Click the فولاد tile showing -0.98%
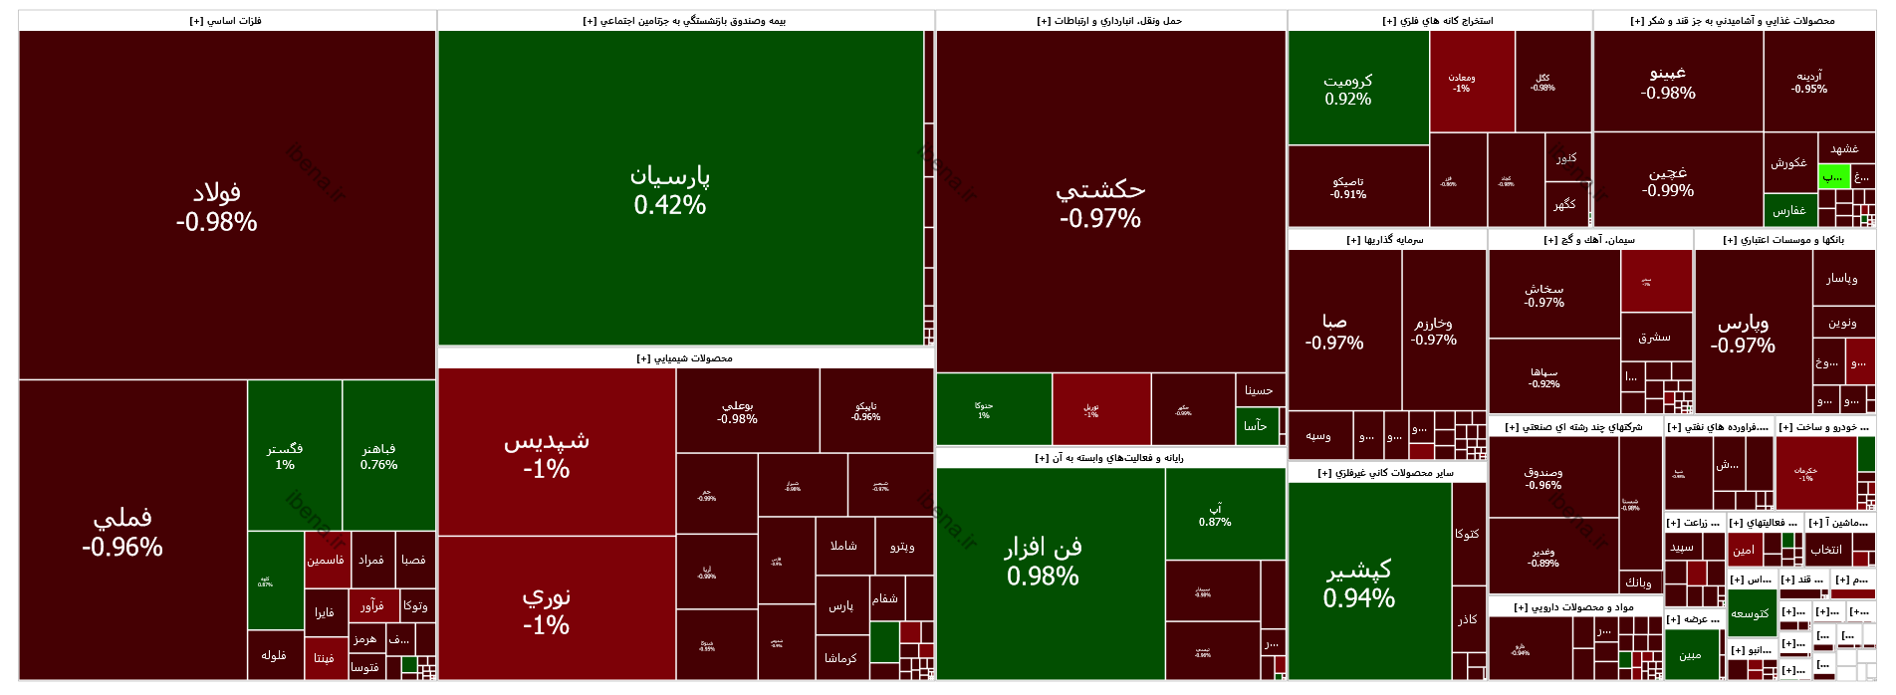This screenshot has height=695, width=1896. coord(217,206)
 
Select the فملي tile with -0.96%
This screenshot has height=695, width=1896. coord(122,532)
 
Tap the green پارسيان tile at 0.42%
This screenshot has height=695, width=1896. coord(670,189)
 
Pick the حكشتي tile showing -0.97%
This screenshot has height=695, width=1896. coord(1100,203)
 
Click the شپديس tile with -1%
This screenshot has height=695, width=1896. coord(547,453)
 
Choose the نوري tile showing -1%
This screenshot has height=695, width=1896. coord(547,609)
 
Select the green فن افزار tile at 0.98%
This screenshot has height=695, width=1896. coord(1043,561)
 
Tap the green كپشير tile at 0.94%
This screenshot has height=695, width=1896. coord(1359,582)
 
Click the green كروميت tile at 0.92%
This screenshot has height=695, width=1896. coord(1348,90)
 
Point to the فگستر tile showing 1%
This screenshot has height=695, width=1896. coord(285,456)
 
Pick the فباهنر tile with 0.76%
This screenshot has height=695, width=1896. coord(379,456)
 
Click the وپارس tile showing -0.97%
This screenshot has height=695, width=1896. coord(1743,334)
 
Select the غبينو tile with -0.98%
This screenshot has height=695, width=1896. coord(1668,83)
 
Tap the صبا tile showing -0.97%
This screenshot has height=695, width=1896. coord(1334,332)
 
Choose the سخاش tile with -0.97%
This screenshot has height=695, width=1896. coord(1544,295)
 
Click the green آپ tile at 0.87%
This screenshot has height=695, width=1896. coord(1215,514)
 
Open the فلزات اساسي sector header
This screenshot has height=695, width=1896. coord(226,21)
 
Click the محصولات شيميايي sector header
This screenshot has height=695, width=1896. coord(685,358)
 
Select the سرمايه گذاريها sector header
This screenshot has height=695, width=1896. coord(1385,240)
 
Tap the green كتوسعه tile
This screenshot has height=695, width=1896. coord(1750,613)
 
